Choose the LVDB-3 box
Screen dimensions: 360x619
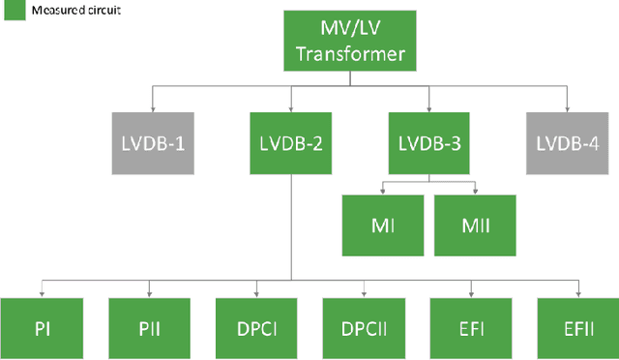click(428, 142)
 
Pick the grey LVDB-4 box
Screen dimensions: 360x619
click(568, 142)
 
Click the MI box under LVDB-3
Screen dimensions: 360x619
click(381, 224)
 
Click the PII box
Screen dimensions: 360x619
click(148, 328)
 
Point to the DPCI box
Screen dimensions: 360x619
click(255, 328)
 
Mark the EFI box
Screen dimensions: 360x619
click(471, 328)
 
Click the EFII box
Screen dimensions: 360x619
click(577, 328)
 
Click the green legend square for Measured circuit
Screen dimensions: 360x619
click(11, 9)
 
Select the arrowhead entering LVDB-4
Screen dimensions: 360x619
click(568, 107)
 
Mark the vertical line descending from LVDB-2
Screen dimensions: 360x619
click(291, 232)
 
